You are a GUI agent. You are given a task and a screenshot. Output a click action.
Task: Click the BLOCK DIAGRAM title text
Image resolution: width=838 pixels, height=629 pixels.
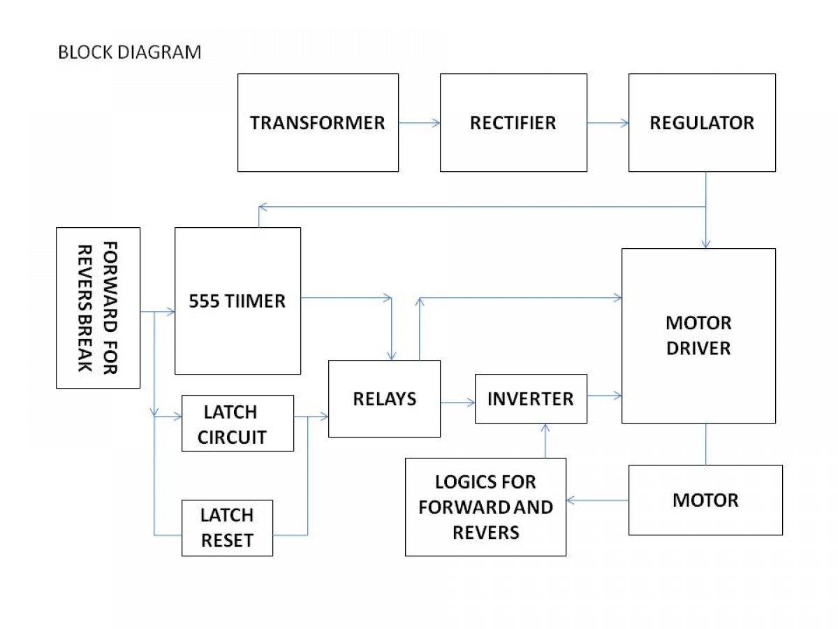click(129, 52)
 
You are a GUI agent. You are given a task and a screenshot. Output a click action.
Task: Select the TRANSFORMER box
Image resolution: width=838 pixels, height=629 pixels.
click(318, 122)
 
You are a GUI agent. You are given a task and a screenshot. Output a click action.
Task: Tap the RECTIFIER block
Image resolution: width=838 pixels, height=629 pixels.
click(513, 122)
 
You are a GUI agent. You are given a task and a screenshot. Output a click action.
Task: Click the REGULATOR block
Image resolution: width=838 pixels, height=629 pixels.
click(702, 122)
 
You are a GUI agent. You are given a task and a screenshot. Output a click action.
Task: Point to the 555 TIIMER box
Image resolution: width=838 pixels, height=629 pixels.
click(237, 301)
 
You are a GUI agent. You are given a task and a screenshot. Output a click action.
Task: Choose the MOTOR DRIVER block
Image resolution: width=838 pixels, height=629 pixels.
click(698, 335)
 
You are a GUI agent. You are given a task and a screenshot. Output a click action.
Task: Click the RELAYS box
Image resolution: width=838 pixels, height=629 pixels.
click(384, 398)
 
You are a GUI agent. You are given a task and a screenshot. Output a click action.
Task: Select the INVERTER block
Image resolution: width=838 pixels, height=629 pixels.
click(531, 398)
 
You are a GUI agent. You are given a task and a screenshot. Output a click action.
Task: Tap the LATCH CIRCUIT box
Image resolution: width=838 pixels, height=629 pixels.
click(237, 423)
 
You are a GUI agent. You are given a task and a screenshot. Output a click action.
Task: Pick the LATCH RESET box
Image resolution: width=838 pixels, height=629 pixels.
click(227, 528)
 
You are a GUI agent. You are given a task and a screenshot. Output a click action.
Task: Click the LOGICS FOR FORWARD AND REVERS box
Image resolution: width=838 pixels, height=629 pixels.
click(485, 507)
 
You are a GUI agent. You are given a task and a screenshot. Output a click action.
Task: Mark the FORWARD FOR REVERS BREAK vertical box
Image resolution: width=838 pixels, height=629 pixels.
click(98, 308)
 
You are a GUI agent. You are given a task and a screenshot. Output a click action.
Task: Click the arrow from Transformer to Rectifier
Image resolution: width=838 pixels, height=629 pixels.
click(419, 123)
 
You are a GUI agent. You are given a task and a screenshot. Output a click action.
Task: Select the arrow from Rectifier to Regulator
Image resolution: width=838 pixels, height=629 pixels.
click(608, 123)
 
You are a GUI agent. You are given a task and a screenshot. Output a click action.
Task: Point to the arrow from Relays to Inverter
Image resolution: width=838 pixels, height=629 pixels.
click(457, 402)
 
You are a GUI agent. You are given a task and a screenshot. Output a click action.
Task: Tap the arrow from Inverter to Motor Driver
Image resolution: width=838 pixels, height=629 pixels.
click(604, 396)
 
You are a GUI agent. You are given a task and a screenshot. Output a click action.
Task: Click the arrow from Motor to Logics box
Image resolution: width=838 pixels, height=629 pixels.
click(598, 500)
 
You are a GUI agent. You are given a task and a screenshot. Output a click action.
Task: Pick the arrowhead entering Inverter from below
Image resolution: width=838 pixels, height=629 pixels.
click(545, 427)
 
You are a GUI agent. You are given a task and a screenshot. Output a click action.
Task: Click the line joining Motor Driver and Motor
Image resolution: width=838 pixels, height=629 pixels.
click(705, 444)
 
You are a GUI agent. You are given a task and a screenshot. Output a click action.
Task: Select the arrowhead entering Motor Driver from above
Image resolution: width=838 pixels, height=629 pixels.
click(705, 245)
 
